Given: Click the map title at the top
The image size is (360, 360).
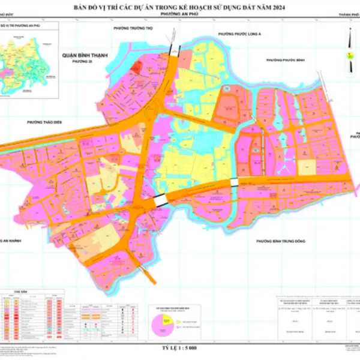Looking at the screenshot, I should pos(180,8).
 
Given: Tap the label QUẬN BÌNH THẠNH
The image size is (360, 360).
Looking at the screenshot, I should pos(84,55).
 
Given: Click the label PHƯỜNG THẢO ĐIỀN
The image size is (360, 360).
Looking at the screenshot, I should pos(45,121).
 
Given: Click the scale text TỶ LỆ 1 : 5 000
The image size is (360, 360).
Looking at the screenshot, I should pos(180,348).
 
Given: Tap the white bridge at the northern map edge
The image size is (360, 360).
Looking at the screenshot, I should pos(175,48).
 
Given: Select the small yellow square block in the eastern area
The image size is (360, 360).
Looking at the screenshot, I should pos(307,167).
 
